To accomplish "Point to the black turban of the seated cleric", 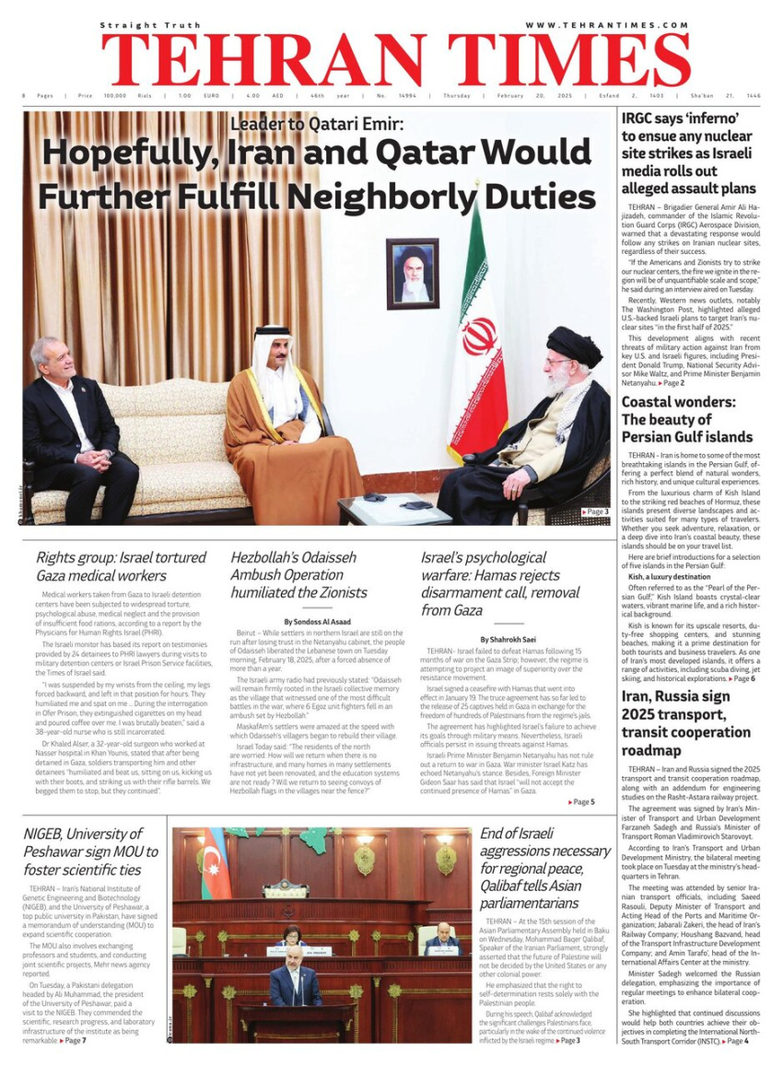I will [x=573, y=344].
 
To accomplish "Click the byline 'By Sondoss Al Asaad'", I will [x=317, y=622].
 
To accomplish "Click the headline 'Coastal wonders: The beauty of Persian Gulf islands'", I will [x=686, y=419].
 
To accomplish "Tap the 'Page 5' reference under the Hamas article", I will [x=581, y=802].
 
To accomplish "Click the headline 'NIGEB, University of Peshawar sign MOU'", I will [x=90, y=852].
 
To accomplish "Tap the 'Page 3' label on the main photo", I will [x=595, y=512].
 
